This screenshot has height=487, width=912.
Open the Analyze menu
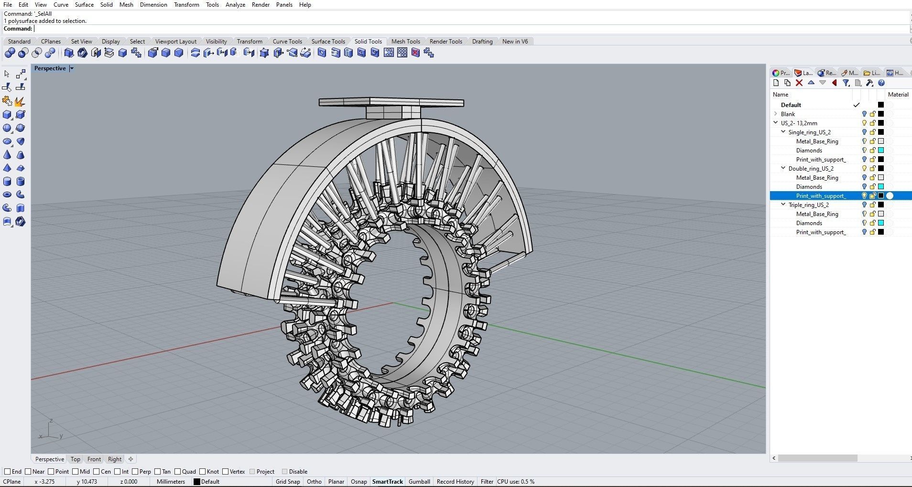(235, 5)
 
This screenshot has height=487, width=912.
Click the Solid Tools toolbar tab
(368, 42)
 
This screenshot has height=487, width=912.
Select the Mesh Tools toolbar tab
(405, 42)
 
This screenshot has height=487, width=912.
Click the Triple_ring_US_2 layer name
(808, 205)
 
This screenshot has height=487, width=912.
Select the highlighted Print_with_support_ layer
(821, 196)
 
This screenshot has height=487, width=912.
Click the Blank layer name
(788, 114)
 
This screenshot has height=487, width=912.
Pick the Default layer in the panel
(791, 105)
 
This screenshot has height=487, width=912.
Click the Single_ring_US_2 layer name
(809, 132)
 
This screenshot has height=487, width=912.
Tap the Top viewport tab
(76, 459)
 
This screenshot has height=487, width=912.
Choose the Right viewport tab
(114, 459)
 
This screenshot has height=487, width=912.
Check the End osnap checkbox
(8, 472)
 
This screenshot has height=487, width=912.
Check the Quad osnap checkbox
(178, 472)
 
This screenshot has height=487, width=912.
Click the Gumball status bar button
(419, 482)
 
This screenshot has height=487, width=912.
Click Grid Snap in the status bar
(288, 482)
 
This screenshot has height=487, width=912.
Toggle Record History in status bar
(455, 482)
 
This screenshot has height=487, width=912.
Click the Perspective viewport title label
(50, 68)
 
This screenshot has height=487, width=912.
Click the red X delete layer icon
(799, 83)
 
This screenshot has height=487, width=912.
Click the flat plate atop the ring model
(391, 102)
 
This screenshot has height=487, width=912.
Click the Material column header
(898, 95)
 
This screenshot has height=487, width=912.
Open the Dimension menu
(153, 5)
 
